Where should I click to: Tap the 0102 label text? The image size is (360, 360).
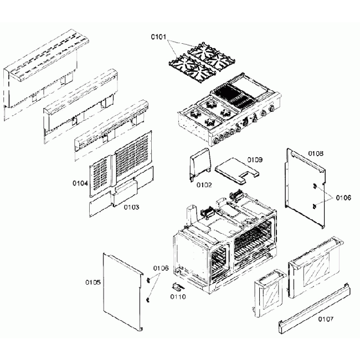(204, 185)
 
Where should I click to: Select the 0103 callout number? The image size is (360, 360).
(131, 207)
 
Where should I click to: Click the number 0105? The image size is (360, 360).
(92, 282)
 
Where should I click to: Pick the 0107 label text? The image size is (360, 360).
(326, 318)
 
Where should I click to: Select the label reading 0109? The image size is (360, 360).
(255, 160)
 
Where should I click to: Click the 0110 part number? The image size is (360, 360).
(178, 297)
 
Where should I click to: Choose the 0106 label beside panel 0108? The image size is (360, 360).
(342, 197)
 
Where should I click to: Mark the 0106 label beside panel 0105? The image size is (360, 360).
(161, 268)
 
